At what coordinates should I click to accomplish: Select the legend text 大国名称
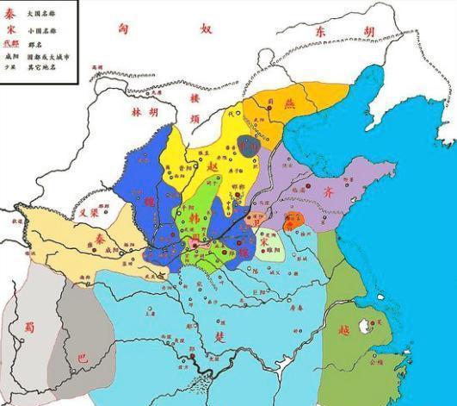click(41, 15)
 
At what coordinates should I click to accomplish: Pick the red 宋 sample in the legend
click(10, 31)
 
